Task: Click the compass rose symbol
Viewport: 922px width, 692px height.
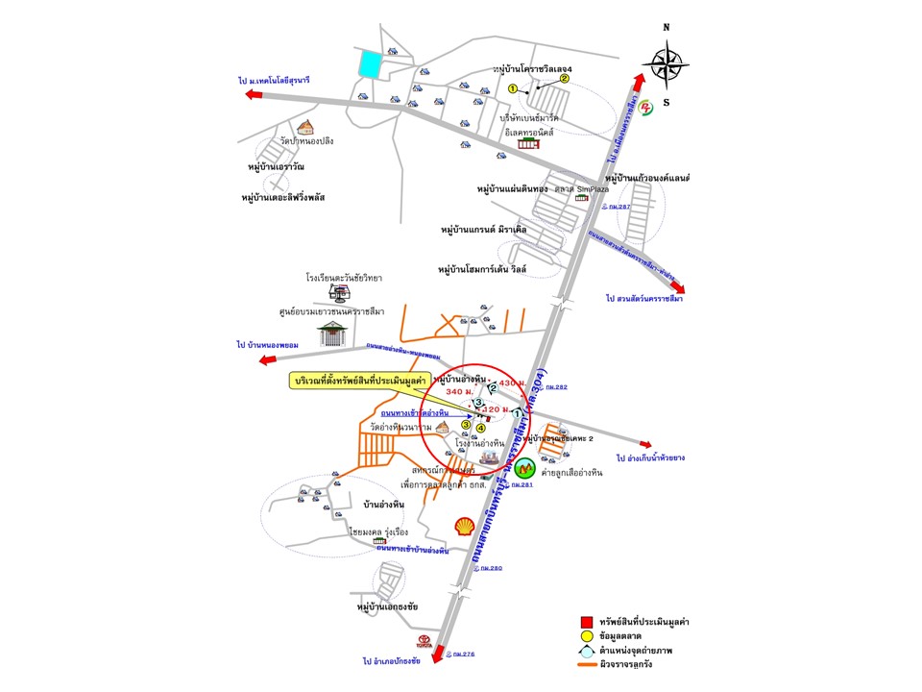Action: pyautogui.click(x=667, y=66)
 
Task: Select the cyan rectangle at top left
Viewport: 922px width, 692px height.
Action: pyautogui.click(x=369, y=64)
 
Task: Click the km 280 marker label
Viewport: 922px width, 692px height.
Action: pyautogui.click(x=490, y=568)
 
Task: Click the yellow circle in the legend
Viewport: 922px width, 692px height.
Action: pyautogui.click(x=585, y=636)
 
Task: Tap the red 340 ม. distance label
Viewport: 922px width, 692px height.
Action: pyautogui.click(x=460, y=391)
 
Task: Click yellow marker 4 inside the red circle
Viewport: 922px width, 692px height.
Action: pyautogui.click(x=480, y=429)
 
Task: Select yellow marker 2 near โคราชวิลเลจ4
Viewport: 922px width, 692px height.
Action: pyautogui.click(x=565, y=79)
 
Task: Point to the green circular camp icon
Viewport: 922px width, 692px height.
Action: pyautogui.click(x=523, y=469)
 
